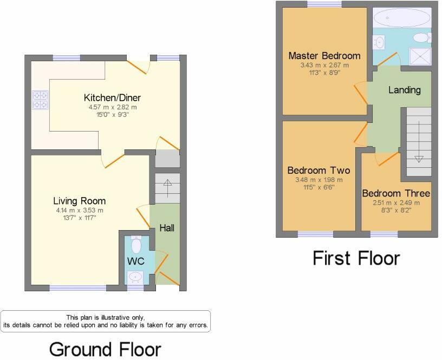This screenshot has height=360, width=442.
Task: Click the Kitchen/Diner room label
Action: pyautogui.click(x=112, y=98)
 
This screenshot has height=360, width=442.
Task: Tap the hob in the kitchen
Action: pyautogui.click(x=40, y=100)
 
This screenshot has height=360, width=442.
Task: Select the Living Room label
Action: pyautogui.click(x=80, y=201)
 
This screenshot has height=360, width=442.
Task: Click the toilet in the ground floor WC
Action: pyautogui.click(x=136, y=245)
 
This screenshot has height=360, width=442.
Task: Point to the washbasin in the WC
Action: pyautogui.click(x=135, y=278)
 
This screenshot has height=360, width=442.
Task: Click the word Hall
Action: pyautogui.click(x=167, y=228)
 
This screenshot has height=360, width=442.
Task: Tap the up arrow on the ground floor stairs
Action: pyautogui.click(x=167, y=188)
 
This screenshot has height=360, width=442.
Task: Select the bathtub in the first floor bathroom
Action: pyautogui.click(x=402, y=17)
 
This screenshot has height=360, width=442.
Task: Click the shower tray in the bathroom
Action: pyautogui.click(x=420, y=56)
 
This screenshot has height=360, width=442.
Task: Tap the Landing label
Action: pyautogui.click(x=405, y=90)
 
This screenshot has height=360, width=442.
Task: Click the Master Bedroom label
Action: pyautogui.click(x=324, y=56)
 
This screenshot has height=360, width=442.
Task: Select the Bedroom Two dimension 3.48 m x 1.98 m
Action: pyautogui.click(x=319, y=180)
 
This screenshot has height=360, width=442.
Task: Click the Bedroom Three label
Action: pyautogui.click(x=396, y=193)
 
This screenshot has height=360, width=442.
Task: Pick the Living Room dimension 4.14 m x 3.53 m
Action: pyautogui.click(x=80, y=211)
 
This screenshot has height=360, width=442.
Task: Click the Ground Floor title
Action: pyautogui.click(x=105, y=349)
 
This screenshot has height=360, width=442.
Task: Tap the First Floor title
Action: pyautogui.click(x=356, y=258)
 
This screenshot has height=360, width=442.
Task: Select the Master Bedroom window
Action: pyautogui.click(x=324, y=4)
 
